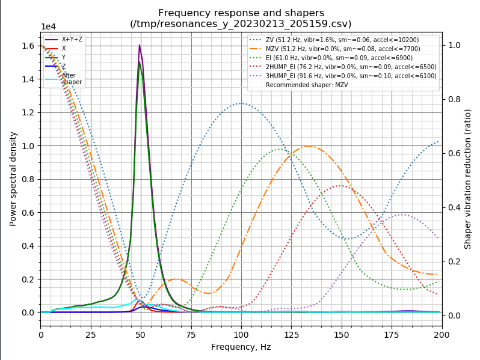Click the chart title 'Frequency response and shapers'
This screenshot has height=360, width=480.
coord(241,13)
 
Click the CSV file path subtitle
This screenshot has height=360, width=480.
coord(241,24)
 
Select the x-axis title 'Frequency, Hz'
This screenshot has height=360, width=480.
coord(241,347)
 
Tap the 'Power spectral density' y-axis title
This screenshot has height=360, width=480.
coord(13,178)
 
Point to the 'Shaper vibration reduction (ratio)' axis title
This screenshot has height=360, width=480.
coord(467,178)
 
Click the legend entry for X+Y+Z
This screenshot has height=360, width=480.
coord(72,39)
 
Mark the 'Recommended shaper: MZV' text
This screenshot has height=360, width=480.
coord(307,85)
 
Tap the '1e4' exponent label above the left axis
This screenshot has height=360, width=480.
coord(48,27)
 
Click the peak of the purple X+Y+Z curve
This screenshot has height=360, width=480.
coord(140,45)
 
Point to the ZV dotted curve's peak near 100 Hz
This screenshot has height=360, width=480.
coord(241,103)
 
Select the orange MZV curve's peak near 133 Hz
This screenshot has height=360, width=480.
coord(308,146)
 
